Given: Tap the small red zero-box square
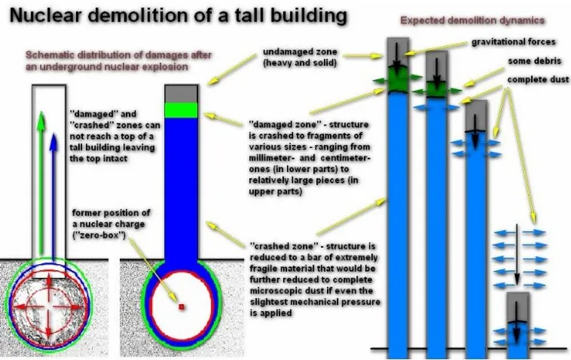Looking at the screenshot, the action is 181,307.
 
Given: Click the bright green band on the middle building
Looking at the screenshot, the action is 181,110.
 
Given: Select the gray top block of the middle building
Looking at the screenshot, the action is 181,94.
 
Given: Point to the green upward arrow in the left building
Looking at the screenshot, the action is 41,182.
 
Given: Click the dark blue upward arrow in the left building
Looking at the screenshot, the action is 54,197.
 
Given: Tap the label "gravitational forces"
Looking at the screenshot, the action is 513,42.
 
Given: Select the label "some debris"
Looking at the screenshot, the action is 535,61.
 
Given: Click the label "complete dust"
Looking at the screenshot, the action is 538,79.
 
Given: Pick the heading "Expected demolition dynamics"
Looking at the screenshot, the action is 472,21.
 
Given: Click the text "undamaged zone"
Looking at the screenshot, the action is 300,51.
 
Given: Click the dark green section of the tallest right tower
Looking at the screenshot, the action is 398,81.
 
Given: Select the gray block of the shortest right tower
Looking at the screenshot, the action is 517,307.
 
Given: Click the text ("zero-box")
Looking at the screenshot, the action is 99,235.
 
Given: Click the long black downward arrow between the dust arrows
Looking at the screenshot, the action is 517,255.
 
